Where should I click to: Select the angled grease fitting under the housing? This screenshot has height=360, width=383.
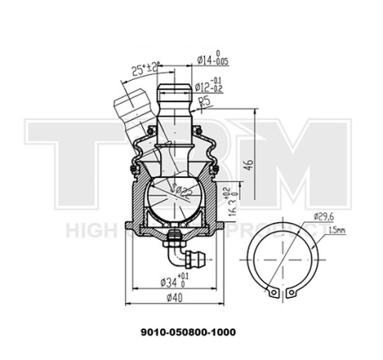click(x=185, y=253)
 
